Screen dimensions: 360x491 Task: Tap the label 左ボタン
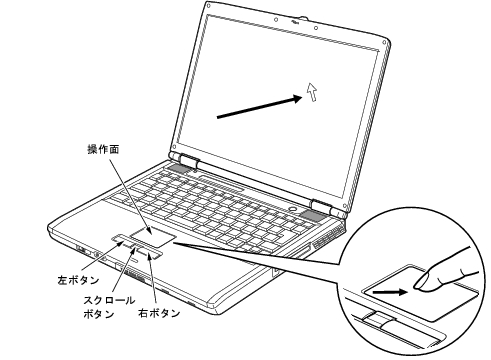click(x=75, y=282)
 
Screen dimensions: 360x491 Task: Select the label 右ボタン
click(x=160, y=313)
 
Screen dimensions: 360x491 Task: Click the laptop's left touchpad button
click(x=122, y=240)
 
